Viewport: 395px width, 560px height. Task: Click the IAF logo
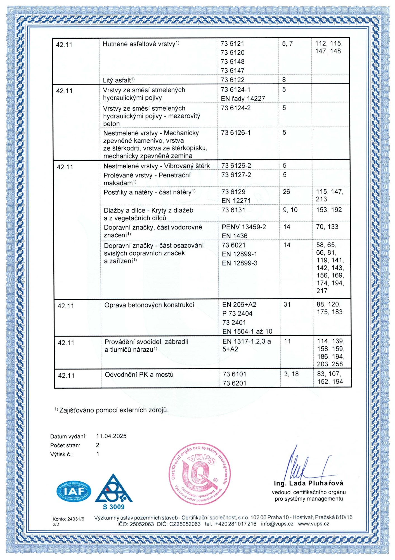(x=74, y=491)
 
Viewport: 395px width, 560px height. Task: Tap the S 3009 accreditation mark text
(x=113, y=507)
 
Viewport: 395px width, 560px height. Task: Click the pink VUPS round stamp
(x=200, y=474)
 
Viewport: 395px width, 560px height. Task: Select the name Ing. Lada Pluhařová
(x=309, y=483)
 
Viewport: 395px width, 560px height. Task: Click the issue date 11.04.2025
(x=111, y=436)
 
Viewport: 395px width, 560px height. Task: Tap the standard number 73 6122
(x=232, y=80)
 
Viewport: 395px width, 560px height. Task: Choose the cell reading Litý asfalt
(x=119, y=80)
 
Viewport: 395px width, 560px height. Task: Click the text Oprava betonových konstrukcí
(x=149, y=305)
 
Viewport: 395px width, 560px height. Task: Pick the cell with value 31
(x=287, y=304)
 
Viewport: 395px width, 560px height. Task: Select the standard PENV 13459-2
(x=244, y=227)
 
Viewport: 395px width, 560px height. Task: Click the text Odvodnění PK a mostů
(x=139, y=375)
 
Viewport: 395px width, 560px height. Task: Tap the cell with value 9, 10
(x=290, y=210)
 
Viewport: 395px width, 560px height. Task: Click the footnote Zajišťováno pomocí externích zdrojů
(x=113, y=410)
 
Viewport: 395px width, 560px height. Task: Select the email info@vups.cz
(x=277, y=524)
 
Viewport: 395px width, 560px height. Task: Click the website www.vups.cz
(x=313, y=524)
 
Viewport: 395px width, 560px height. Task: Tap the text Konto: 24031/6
(x=68, y=519)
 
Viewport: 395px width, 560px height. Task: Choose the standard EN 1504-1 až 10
(x=247, y=332)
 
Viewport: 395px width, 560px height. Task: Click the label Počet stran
(x=65, y=445)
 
